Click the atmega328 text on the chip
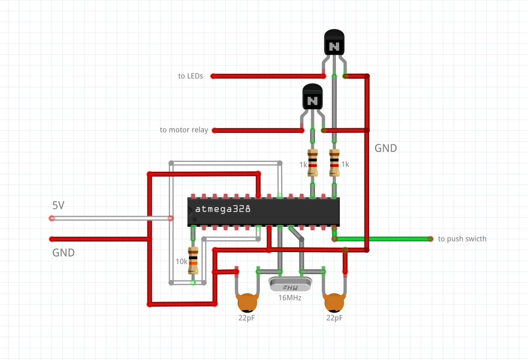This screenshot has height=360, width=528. point(223,209)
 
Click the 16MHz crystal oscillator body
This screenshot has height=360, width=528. point(290,284)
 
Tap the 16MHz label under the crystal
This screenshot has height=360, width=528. point(290,298)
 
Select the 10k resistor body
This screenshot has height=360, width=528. point(193,261)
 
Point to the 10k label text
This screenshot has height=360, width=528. point(182,262)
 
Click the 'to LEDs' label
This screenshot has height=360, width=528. point(190,76)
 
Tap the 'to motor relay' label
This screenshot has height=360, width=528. point(184,130)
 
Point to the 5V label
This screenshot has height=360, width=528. point(58,205)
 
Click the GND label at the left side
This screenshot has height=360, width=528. point(63,252)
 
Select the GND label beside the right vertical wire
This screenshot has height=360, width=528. point(386,149)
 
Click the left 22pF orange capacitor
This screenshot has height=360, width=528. point(247,303)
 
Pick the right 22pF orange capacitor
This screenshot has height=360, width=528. point(334,303)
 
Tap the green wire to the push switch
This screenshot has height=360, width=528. point(386,238)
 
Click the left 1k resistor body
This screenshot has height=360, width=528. point(312,163)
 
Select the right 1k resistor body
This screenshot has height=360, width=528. point(334,163)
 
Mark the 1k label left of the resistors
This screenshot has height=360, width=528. point(303,165)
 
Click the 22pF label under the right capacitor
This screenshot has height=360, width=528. point(334,318)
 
